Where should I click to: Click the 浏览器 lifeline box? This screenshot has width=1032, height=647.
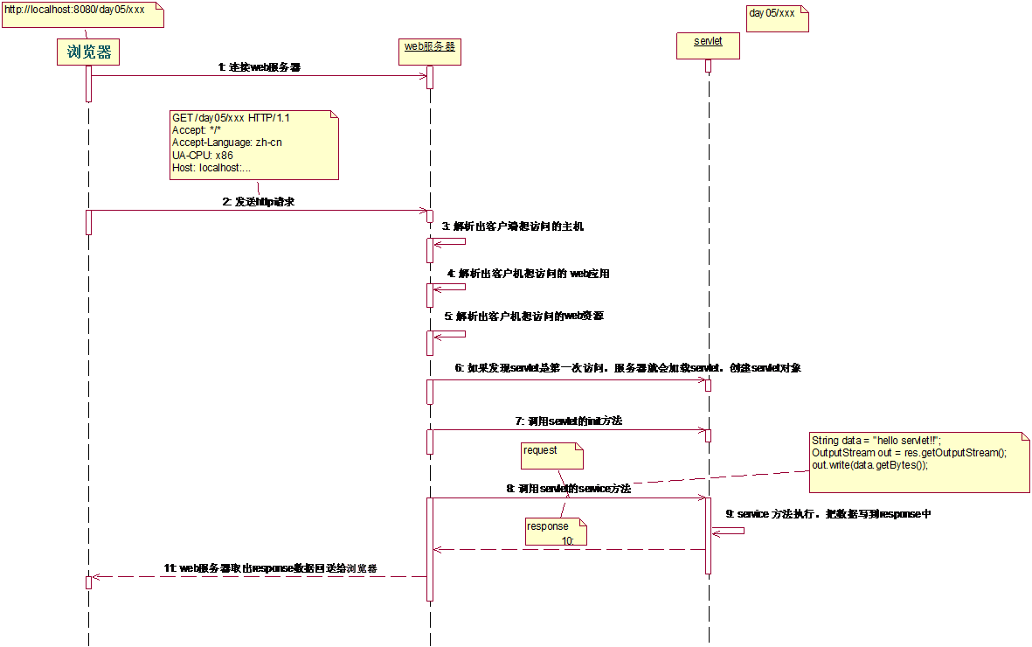point(89,52)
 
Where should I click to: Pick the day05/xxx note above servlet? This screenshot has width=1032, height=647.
point(775,17)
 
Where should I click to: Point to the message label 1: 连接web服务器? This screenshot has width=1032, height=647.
point(260,66)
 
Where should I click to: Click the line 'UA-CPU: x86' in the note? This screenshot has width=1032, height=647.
point(203,155)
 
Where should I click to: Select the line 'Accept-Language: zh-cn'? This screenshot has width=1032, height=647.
point(227,143)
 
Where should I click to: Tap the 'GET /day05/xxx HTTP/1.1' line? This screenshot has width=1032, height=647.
point(232,118)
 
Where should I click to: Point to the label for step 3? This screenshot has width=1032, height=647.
point(513,226)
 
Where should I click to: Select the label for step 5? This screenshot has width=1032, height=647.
point(523,316)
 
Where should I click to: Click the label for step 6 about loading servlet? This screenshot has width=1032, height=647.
point(627,368)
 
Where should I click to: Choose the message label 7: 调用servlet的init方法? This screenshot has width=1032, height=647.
point(568,421)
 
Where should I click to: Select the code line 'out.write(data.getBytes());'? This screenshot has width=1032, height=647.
point(869,465)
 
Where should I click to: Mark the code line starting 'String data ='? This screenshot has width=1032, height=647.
point(876,441)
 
